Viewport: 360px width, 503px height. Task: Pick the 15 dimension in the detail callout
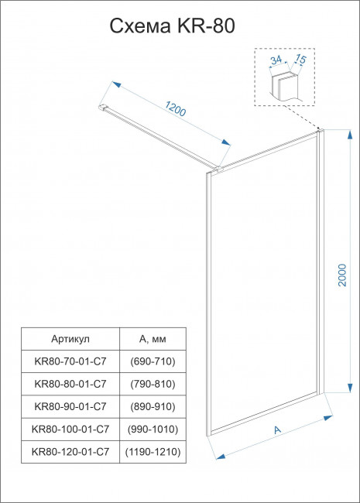coord(300,59)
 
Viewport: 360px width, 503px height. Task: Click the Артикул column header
coord(70,339)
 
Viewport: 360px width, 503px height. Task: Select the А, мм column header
coord(151,339)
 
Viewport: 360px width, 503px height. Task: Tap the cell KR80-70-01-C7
coord(70,361)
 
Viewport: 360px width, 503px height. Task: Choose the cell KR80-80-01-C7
coord(70,384)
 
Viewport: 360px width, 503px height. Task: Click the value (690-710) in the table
coord(151,361)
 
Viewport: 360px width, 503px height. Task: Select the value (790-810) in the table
coord(151,384)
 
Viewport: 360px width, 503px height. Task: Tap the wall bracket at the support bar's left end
coord(105,108)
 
